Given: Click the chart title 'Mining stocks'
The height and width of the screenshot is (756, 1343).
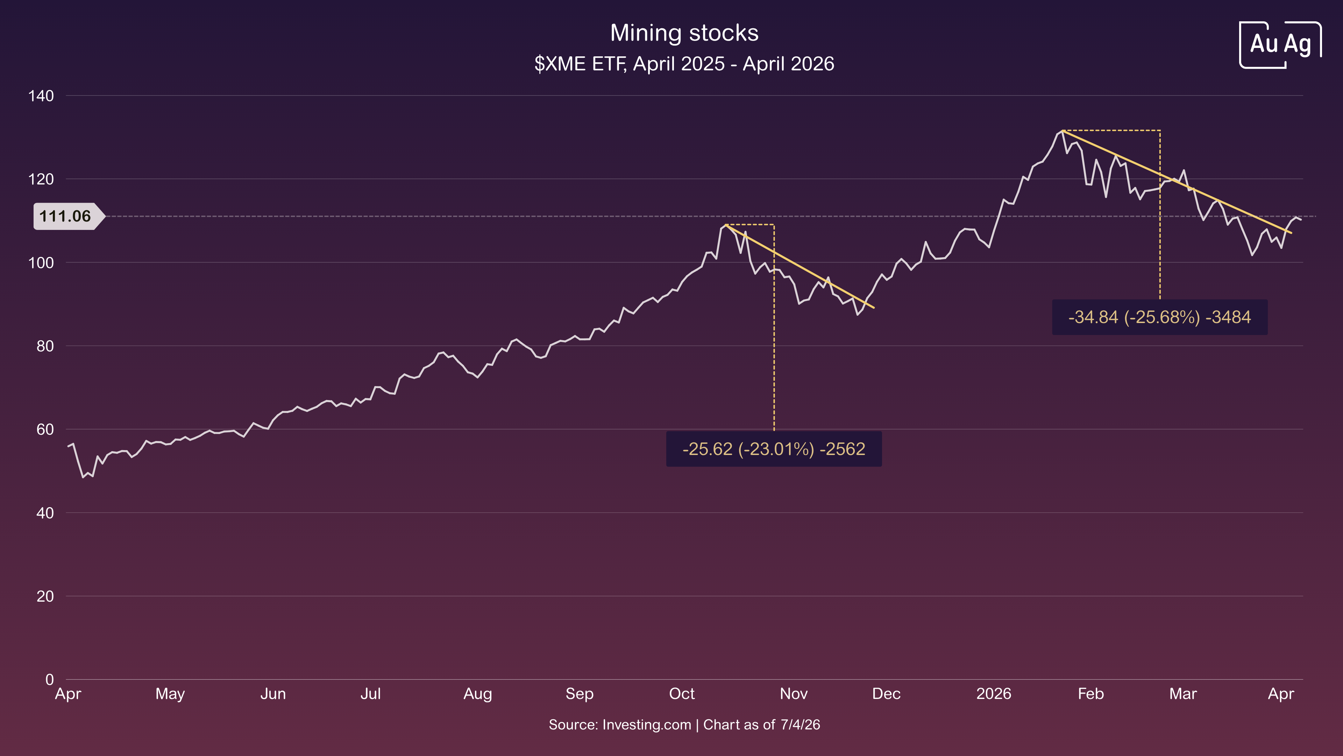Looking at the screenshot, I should [684, 33].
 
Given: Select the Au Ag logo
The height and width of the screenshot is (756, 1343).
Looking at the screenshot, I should [1280, 44].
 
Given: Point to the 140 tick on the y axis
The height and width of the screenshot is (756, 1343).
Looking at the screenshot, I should [41, 96].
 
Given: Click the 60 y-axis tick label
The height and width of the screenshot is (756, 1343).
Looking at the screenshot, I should [45, 429].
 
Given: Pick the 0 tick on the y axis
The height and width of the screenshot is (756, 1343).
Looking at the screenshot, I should [50, 679].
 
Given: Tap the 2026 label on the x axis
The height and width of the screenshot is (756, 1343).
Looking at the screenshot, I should [993, 694].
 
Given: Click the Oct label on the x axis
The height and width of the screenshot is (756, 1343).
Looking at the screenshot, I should [681, 694].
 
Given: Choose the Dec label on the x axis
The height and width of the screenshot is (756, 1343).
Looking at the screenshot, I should [886, 694].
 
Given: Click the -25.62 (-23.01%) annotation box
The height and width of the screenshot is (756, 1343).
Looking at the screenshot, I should [774, 449].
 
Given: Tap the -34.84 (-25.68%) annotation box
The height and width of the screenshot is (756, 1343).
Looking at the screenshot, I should [1159, 317].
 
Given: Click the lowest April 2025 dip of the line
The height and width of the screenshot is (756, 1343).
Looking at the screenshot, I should [83, 477].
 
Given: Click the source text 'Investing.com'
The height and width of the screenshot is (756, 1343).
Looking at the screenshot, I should [646, 725].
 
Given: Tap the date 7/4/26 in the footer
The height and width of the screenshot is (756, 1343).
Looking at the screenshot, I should [800, 725].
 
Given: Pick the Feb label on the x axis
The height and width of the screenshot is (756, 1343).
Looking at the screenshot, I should [1091, 694].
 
